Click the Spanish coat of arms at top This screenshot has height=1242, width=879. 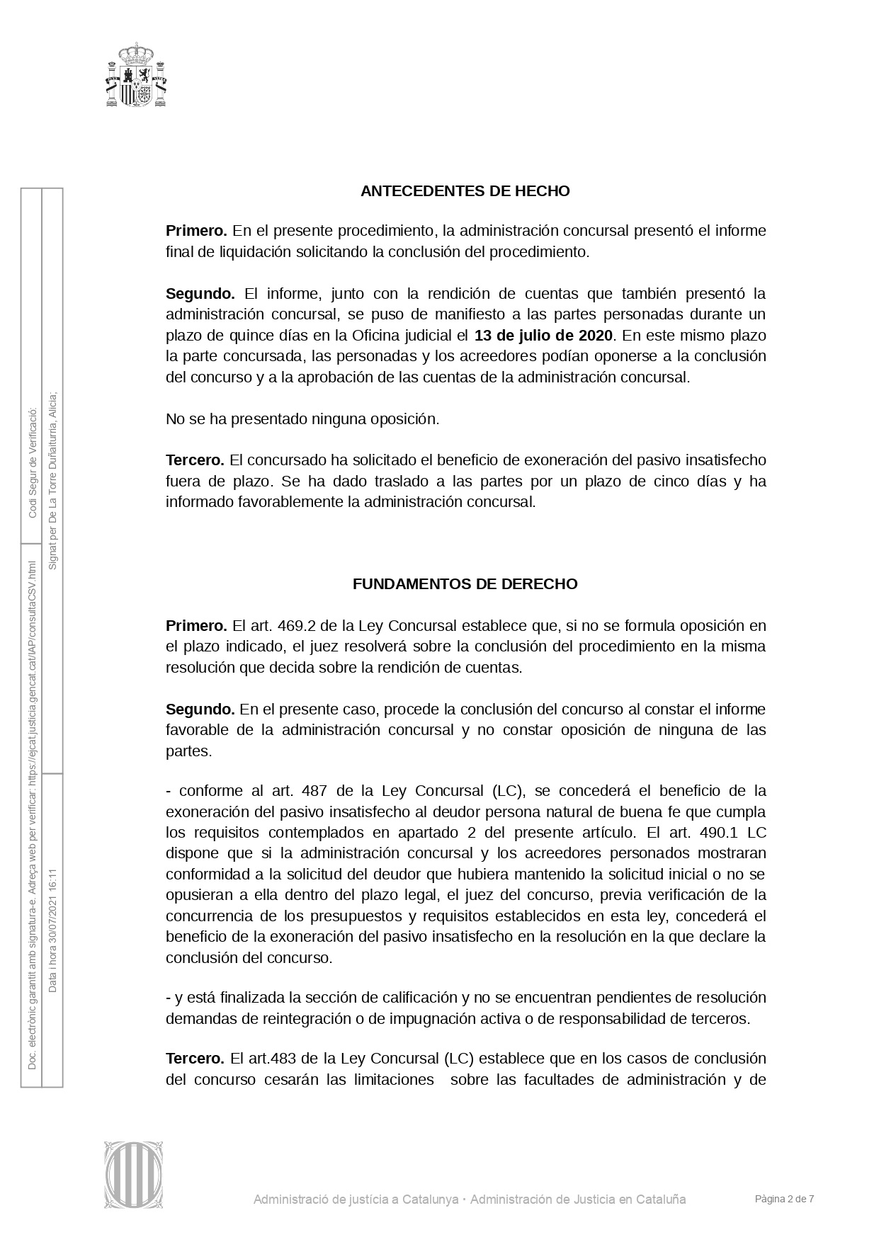click(x=136, y=74)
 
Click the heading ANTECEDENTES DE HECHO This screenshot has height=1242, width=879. click(x=465, y=191)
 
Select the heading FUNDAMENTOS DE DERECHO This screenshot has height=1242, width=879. click(x=465, y=584)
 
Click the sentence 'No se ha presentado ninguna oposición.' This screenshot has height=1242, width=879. click(x=302, y=419)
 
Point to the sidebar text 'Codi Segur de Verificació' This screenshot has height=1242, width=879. click(x=32, y=462)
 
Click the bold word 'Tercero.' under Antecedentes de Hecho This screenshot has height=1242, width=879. click(x=195, y=460)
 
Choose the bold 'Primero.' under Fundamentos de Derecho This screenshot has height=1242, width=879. click(x=196, y=626)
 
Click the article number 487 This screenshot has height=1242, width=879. click(x=314, y=791)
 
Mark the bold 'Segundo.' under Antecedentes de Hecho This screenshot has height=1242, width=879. click(x=200, y=294)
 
